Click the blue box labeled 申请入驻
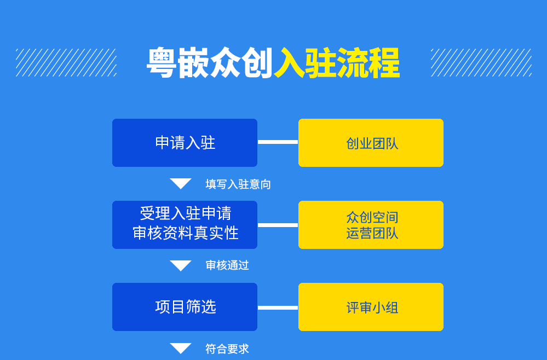[x=185, y=143]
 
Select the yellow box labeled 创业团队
[x=371, y=143]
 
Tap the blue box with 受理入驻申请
[x=185, y=225]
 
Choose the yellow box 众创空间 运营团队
[x=371, y=225]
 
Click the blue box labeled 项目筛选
[x=185, y=307]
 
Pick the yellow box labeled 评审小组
[x=371, y=307]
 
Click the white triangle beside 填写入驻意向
[x=181, y=183]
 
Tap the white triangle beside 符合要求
[x=181, y=348]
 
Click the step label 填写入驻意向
[x=238, y=184]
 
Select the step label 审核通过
[x=227, y=265]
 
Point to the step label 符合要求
[x=227, y=349]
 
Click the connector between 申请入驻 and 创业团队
[x=278, y=142]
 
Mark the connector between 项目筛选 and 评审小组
[x=278, y=307]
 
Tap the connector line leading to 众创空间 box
[x=278, y=225]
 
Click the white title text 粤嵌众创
[x=210, y=63]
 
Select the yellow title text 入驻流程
[x=337, y=63]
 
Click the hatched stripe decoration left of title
[x=66, y=62]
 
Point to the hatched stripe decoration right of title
[x=481, y=62]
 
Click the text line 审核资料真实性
[x=185, y=233]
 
